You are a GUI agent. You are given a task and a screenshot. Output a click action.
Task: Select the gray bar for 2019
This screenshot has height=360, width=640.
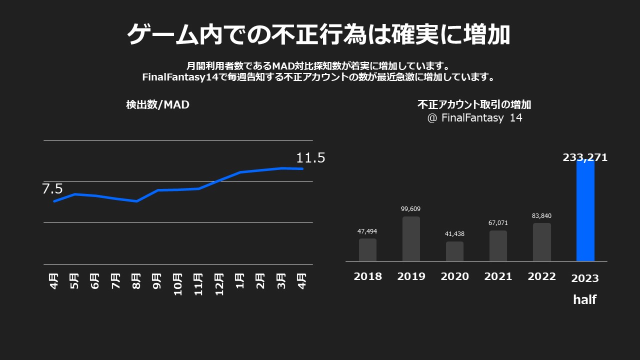click(411, 239)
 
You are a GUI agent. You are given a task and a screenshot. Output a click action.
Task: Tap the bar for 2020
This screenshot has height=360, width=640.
click(454, 251)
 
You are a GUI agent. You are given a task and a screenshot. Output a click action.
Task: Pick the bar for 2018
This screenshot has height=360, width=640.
click(367, 250)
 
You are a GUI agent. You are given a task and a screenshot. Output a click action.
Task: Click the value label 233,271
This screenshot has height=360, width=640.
click(585, 157)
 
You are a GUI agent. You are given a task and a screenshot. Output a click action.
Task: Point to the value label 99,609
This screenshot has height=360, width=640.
click(411, 209)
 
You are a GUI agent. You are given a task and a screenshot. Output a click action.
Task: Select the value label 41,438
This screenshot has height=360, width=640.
click(454, 234)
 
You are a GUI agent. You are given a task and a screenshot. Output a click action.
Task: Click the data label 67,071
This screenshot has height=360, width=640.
click(498, 223)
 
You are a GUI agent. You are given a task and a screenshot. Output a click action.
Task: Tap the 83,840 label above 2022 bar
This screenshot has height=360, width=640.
click(541, 216)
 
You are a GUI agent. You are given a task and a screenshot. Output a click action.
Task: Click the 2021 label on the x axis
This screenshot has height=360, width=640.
click(498, 276)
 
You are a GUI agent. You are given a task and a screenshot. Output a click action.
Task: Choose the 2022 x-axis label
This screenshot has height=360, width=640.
click(541, 276)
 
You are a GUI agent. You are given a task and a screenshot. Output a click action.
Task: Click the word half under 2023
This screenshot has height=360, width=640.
click(584, 300)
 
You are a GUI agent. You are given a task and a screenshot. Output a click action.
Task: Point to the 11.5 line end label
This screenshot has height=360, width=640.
click(310, 158)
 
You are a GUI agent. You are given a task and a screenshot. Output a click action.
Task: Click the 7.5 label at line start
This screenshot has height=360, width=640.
click(52, 189)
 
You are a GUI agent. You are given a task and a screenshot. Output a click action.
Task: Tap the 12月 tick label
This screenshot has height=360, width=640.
click(219, 284)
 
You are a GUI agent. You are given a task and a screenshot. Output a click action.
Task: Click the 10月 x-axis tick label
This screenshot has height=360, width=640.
click(177, 284)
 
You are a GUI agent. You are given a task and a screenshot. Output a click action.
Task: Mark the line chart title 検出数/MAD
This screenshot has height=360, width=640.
click(158, 105)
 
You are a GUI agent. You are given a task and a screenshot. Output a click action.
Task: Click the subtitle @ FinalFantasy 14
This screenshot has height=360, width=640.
click(474, 118)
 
